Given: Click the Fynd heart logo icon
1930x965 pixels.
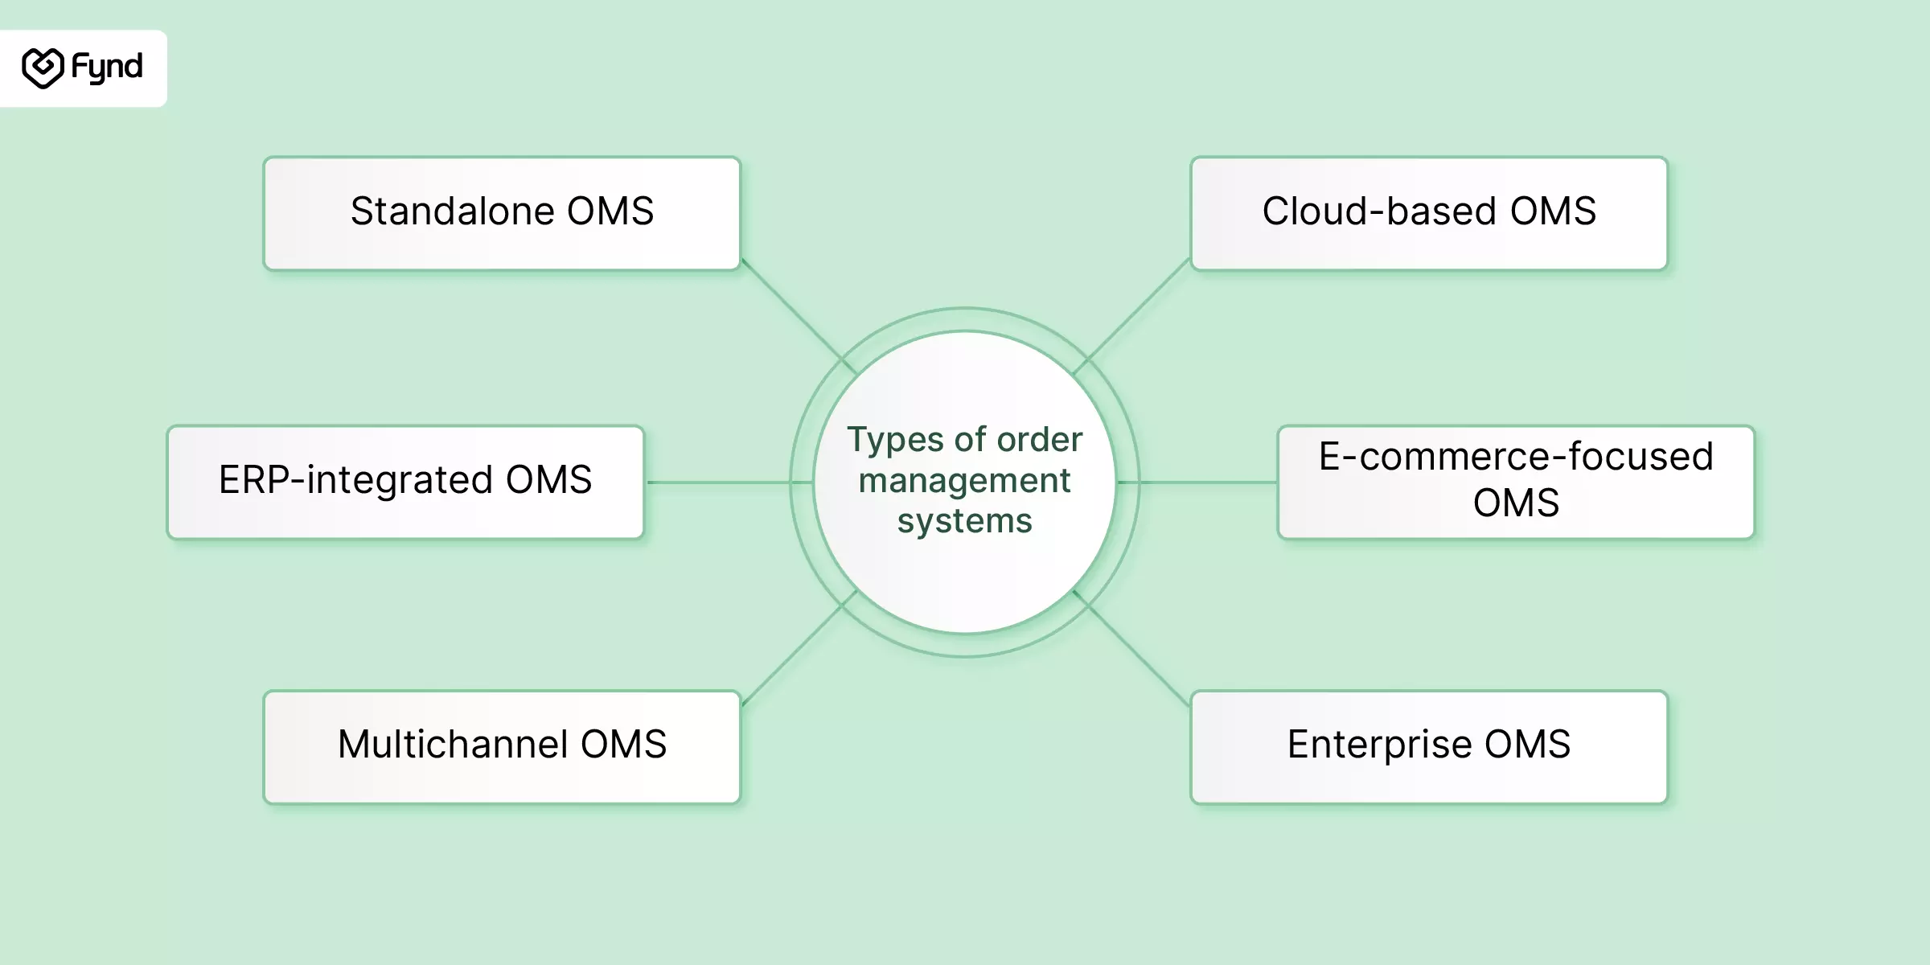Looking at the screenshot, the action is (x=43, y=68).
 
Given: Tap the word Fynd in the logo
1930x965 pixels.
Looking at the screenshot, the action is (x=107, y=68).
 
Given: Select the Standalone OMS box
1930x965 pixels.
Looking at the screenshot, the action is (x=502, y=213).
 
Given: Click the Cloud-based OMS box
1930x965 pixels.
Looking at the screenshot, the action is (x=1429, y=213).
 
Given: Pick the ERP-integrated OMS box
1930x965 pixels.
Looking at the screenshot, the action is (x=405, y=482).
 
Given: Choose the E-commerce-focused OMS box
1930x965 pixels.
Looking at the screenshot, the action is (x=1516, y=482).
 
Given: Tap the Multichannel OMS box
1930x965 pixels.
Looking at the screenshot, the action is (x=502, y=747).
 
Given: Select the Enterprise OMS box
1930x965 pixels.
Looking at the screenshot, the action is (x=1429, y=747).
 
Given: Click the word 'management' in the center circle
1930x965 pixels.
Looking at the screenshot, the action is (x=964, y=482).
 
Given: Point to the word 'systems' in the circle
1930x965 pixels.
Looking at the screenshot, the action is (x=964, y=521).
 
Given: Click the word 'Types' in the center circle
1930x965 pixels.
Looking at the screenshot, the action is (x=895, y=441).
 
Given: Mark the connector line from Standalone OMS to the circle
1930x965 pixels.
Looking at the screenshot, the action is (x=799, y=316).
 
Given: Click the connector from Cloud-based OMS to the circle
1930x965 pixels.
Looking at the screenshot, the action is (x=1131, y=316).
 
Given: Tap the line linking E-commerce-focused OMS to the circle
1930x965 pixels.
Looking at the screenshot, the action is (x=1197, y=482).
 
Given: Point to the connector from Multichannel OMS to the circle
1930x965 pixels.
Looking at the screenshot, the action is (x=799, y=648).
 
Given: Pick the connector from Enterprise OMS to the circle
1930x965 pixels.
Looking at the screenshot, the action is (x=1131, y=648).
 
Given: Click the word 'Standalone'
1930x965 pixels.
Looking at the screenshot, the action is (x=453, y=211).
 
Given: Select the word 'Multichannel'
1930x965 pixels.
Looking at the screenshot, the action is (x=454, y=744).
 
